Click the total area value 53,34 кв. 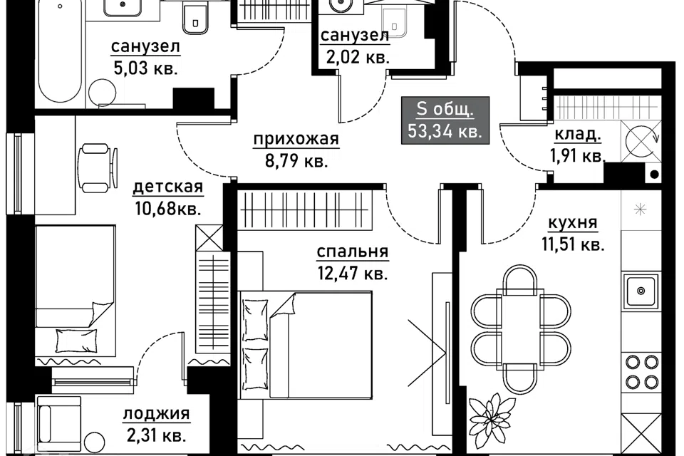[x=445, y=130]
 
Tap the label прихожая [x=296, y=139]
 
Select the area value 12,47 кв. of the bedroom [x=353, y=274]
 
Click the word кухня [x=572, y=222]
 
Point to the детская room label [x=168, y=187]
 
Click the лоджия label [x=157, y=414]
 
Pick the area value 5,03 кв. [x=145, y=68]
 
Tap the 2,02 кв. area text [x=357, y=57]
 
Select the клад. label [x=578, y=135]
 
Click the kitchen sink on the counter [x=641, y=291]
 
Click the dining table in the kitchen [x=521, y=328]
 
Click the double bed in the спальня [x=306, y=345]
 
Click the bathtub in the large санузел [x=59, y=51]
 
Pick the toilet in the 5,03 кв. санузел [x=195, y=17]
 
